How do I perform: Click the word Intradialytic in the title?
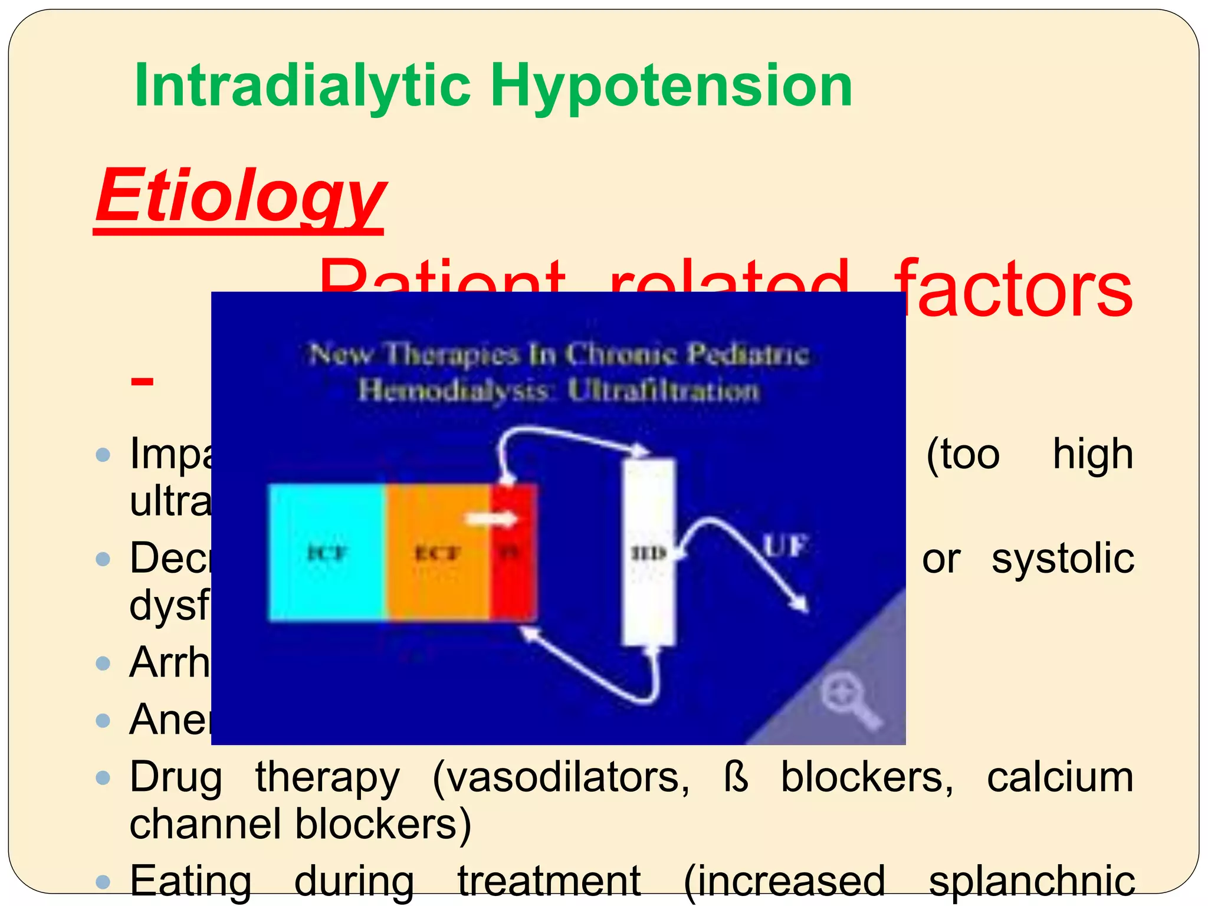[x=302, y=86]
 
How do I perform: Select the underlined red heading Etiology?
[x=240, y=196]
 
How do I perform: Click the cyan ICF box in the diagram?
[x=327, y=553]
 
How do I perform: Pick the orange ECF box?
[x=438, y=553]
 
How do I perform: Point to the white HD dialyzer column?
[x=649, y=552]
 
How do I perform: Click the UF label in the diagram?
[x=785, y=545]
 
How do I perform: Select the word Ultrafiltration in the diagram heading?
[x=663, y=391]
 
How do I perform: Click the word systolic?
[x=1062, y=559]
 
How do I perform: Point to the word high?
[x=1092, y=454]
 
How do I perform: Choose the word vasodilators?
[x=560, y=777]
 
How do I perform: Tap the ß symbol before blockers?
[x=736, y=777]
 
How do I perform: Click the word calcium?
[x=1060, y=777]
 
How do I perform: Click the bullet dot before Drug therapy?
[x=103, y=778]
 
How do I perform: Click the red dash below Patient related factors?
[x=142, y=382]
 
